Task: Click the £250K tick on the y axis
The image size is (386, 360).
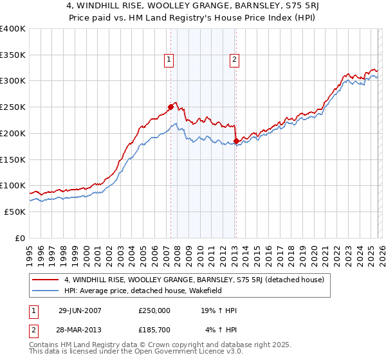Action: point(13,107)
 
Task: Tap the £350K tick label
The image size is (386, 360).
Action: point(13,55)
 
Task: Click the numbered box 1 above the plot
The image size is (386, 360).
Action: point(169,60)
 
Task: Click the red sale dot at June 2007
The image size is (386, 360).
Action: point(170,107)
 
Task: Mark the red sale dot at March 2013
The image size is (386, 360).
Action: point(236,140)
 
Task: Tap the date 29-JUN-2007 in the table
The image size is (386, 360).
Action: point(84,310)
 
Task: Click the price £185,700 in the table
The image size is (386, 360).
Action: point(154,330)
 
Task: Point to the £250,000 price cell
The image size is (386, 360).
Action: point(154,310)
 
